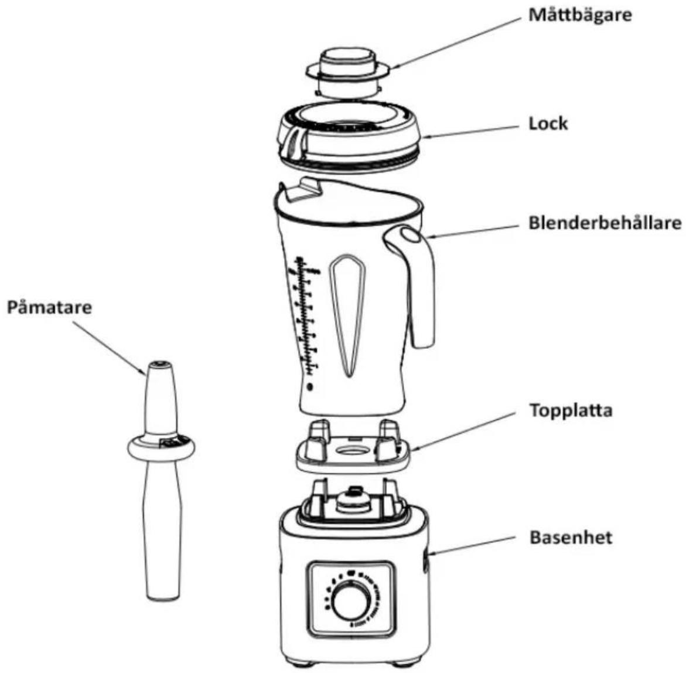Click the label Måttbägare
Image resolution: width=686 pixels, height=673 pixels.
tap(580, 15)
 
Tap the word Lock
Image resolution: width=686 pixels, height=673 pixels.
tap(548, 124)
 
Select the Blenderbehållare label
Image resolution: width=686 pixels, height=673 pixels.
tap(605, 223)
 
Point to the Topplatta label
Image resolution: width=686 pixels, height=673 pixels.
tap(571, 410)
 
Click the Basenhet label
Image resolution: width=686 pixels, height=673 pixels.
tap(571, 537)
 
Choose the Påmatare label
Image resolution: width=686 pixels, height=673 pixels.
tap(49, 307)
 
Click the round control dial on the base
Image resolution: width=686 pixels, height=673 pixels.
tap(351, 602)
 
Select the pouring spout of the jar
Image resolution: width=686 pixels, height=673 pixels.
tap(302, 188)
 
